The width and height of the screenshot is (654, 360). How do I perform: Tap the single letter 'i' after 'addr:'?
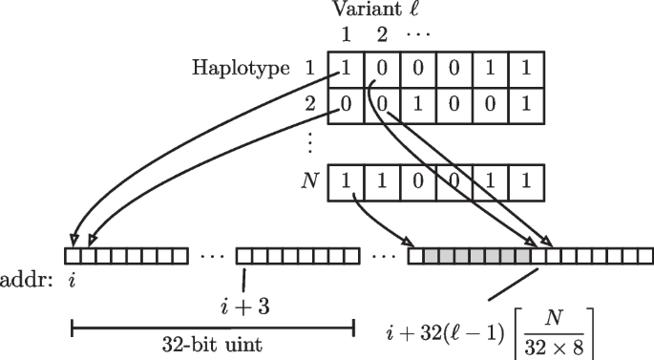[73, 281]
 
